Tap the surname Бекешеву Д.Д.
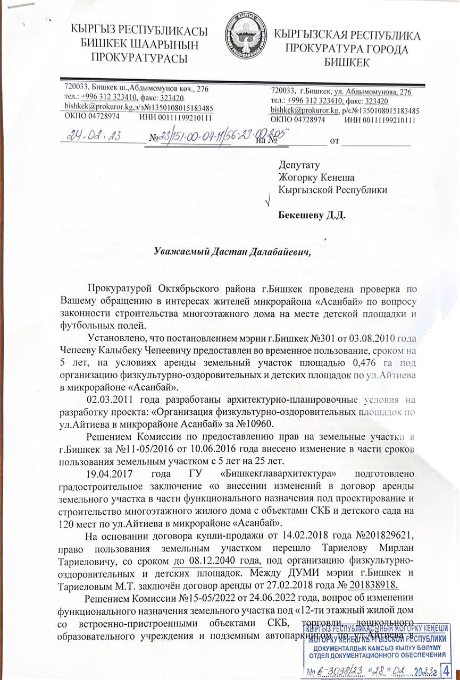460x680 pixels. coord(312,216)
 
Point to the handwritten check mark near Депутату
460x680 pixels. coord(269,201)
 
